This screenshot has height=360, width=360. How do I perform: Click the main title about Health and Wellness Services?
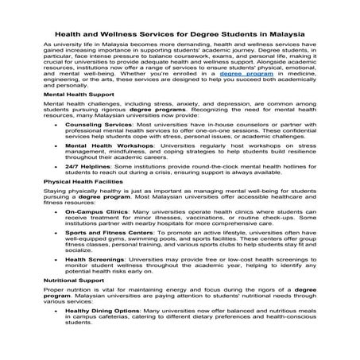tap(179, 35)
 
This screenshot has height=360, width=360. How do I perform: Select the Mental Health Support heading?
tap(75, 116)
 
